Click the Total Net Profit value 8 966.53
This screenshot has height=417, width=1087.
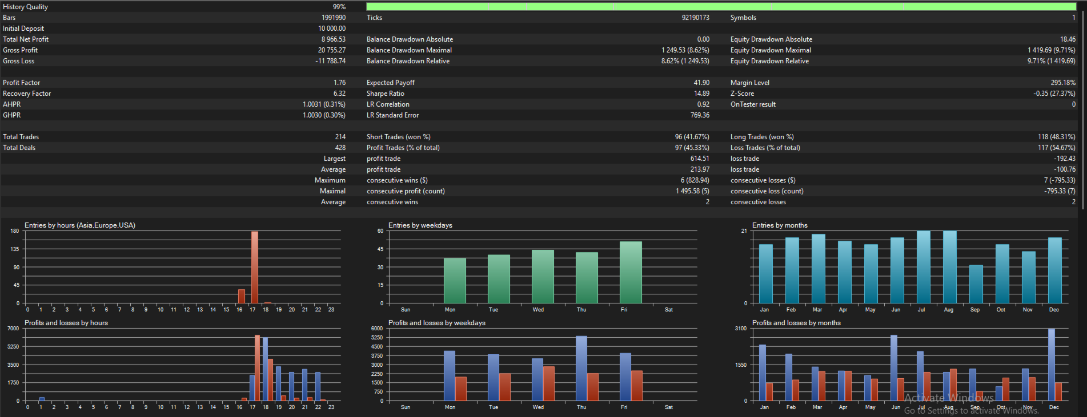click(x=333, y=39)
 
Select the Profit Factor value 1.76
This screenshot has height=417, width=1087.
click(x=339, y=83)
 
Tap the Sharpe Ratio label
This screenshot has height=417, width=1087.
click(x=386, y=94)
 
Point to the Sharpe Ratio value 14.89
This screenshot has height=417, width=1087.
click(x=701, y=94)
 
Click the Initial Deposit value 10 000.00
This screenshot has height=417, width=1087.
click(x=332, y=29)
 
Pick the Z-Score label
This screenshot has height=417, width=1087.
click(x=742, y=94)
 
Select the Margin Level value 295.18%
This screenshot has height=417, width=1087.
click(x=1063, y=83)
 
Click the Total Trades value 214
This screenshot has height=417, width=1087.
click(x=340, y=137)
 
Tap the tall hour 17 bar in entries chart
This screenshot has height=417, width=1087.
click(x=255, y=267)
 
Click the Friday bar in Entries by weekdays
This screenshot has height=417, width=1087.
click(x=631, y=272)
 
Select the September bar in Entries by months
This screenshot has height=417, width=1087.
click(x=976, y=284)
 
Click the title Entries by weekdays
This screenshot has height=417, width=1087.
click(x=420, y=225)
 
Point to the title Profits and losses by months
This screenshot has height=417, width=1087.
click(x=796, y=323)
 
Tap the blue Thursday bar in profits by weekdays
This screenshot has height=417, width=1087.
click(x=581, y=369)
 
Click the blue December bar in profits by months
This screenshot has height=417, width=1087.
click(x=1052, y=365)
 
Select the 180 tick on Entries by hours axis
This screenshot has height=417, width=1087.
click(x=15, y=231)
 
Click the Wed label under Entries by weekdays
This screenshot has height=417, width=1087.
click(x=538, y=310)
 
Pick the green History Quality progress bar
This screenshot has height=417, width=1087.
click(x=721, y=7)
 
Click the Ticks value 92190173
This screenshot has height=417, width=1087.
click(x=695, y=18)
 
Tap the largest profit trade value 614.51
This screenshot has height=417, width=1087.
click(x=700, y=159)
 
